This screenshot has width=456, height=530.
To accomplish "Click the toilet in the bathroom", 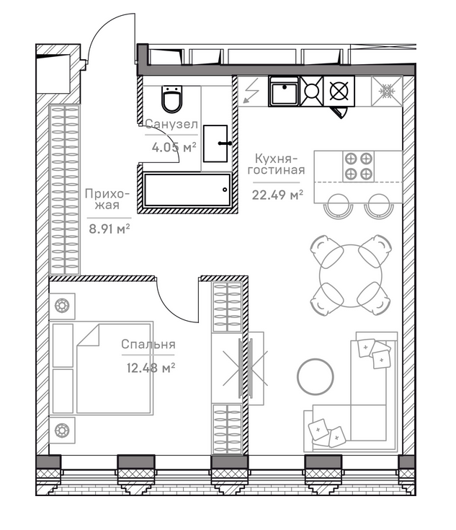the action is click(172, 99).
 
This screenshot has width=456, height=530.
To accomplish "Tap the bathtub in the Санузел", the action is click(187, 190).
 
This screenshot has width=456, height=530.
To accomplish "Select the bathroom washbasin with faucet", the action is click(216, 143).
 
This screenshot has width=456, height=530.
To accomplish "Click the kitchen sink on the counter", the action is click(284, 92).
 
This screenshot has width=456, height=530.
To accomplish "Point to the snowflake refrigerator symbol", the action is click(387, 92).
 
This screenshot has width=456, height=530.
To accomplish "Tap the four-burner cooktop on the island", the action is click(358, 167).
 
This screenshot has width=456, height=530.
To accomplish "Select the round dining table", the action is click(351, 275).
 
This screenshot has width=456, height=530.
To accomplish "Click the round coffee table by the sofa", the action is click(316, 376).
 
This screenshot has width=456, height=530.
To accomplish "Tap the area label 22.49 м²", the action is click(277, 195).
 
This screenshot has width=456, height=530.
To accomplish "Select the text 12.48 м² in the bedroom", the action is click(151, 368).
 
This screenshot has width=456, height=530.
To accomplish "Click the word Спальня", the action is click(148, 345).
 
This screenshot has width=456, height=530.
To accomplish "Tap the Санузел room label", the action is click(171, 124).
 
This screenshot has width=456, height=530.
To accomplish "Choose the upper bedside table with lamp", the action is click(62, 306).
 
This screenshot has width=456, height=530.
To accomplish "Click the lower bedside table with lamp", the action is click(62, 430).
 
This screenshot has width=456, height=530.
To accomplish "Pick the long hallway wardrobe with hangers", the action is click(65, 189).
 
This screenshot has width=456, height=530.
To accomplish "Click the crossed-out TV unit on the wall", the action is click(246, 368).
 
